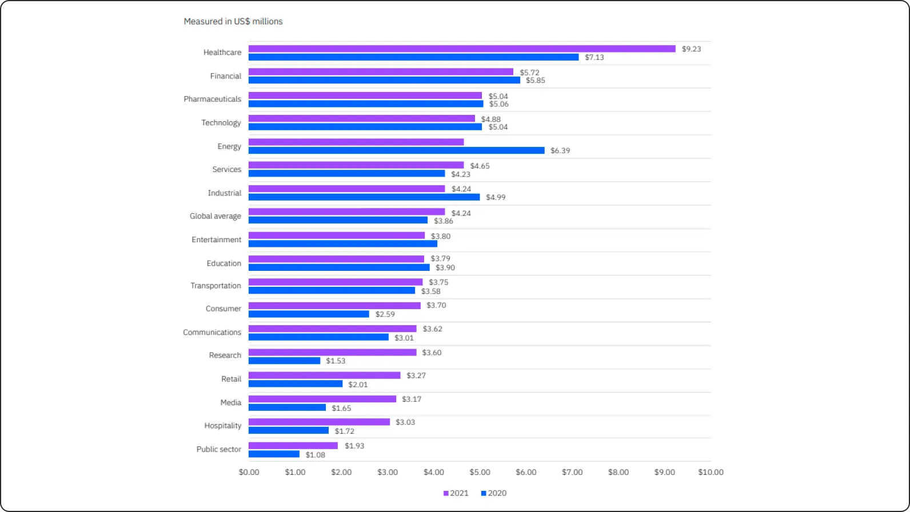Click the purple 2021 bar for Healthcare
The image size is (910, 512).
(x=462, y=49)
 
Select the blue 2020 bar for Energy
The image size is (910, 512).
(x=396, y=150)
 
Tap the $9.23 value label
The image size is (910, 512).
(x=691, y=49)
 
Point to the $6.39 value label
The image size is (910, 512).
(x=560, y=151)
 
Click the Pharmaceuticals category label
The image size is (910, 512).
(x=213, y=99)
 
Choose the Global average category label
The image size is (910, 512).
(x=215, y=216)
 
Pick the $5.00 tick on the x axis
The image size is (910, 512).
(x=480, y=472)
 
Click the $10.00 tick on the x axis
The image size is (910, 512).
(x=711, y=472)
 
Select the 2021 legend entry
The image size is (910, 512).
(x=456, y=493)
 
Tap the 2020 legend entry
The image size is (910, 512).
(x=494, y=493)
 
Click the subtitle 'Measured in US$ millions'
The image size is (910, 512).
(x=233, y=22)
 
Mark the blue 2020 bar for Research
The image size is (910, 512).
(x=284, y=361)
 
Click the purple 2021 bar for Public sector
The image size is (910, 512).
(x=293, y=446)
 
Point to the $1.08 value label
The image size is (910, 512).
(x=315, y=455)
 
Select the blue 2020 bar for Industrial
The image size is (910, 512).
(x=364, y=197)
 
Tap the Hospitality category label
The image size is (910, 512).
(x=223, y=426)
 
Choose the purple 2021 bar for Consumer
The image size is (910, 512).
(x=334, y=306)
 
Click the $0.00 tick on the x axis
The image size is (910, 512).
(x=249, y=472)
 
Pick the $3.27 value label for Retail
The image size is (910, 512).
(x=416, y=375)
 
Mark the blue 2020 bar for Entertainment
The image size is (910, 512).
(x=343, y=244)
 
